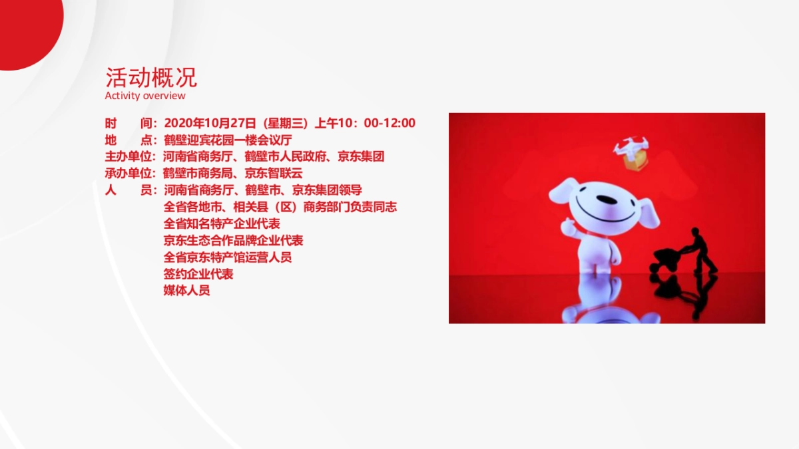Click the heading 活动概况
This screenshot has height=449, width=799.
pos(151,77)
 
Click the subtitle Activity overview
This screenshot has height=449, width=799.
pos(145,96)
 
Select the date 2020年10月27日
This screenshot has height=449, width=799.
pos(210,123)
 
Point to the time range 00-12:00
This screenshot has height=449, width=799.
pos(390,123)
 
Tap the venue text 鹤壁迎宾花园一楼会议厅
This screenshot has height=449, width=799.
pos(228,140)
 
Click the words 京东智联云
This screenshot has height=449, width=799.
pos(274,173)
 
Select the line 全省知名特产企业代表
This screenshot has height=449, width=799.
pos(222,224)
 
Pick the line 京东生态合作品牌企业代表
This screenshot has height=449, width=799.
pos(233,241)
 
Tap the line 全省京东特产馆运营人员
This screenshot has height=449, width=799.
pos(228,257)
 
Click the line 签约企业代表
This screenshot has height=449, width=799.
pos(198,274)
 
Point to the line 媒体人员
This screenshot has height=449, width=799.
pos(186,291)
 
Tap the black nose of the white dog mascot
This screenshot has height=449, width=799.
pos(607,200)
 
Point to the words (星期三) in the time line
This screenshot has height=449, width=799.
pos(286,123)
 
